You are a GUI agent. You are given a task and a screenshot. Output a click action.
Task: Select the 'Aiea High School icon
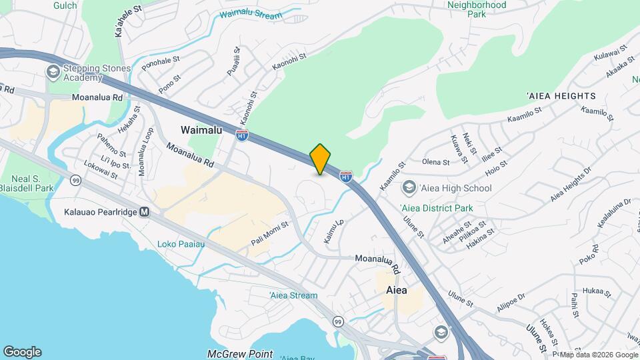pyautogui.click(x=407, y=188)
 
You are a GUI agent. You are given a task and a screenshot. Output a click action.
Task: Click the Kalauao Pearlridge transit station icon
pyautogui.click(x=145, y=212)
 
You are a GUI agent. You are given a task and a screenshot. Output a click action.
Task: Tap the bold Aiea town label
pyautogui.click(x=396, y=291)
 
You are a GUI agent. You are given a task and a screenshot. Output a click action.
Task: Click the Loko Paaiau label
pyautogui.click(x=180, y=243)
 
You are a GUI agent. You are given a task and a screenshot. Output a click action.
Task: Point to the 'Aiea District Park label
pyautogui.click(x=437, y=208)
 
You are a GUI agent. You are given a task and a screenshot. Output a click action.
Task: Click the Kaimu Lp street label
pyautogui.click(x=333, y=231)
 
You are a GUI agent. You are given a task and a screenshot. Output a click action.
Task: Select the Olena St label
pyautogui.click(x=437, y=161)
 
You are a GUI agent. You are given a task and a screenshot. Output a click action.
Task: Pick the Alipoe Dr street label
pyautogui.click(x=511, y=302)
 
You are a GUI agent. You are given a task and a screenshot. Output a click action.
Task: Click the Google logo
pyautogui.click(x=22, y=352)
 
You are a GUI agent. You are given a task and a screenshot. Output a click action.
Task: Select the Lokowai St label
pyautogui.click(x=101, y=176)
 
